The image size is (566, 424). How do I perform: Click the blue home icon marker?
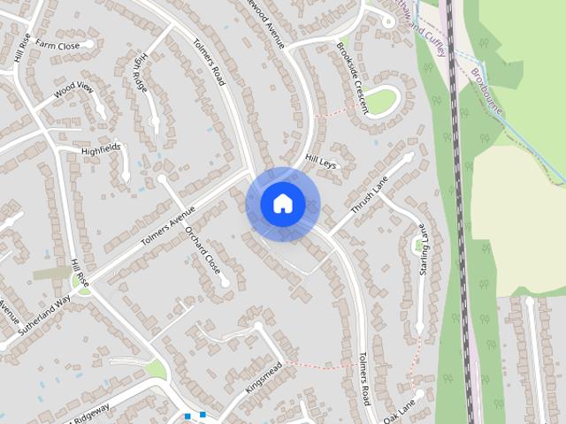[x=282, y=204]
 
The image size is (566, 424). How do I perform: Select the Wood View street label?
[x=73, y=88]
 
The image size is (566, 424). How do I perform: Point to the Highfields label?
[x=100, y=151]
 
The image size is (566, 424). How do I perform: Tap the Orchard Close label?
[x=203, y=251]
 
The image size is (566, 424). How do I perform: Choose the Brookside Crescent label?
[x=352, y=77]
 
